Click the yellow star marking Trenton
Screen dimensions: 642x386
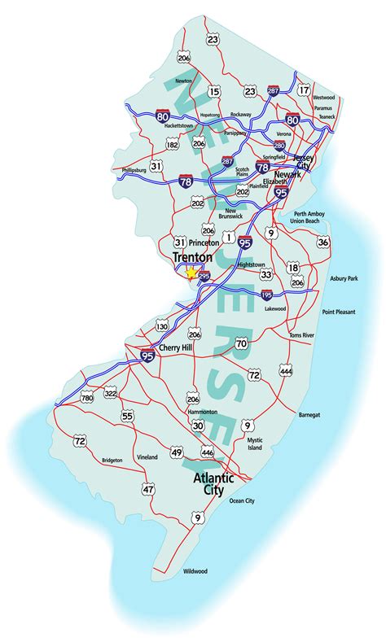192,273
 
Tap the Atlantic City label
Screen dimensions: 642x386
213,484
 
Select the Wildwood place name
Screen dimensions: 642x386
195,571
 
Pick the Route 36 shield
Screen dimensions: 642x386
323,242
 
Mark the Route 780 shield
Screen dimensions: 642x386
87,397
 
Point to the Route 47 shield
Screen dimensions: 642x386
147,490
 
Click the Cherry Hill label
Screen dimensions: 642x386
177,347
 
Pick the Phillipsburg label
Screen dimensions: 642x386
116,171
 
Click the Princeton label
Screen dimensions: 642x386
204,242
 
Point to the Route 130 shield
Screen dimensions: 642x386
162,326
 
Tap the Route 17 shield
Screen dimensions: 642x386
304,90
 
